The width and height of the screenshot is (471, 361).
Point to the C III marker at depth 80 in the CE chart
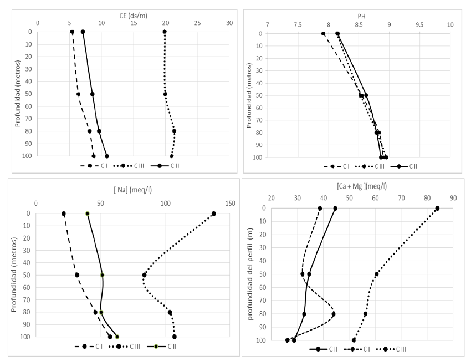pyautogui.click(x=174, y=131)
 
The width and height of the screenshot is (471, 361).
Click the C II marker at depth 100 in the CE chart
pyautogui.click(x=107, y=156)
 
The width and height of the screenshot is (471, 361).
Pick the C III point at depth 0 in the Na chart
pyautogui.click(x=214, y=213)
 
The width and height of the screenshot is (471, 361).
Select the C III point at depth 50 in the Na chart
pyautogui.click(x=145, y=275)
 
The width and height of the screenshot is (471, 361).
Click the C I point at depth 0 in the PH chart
pyautogui.click(x=324, y=34)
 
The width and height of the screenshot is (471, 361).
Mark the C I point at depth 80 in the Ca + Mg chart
pyautogui.click(x=334, y=314)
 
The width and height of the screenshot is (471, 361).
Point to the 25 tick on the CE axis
pyautogui.click(x=197, y=23)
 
